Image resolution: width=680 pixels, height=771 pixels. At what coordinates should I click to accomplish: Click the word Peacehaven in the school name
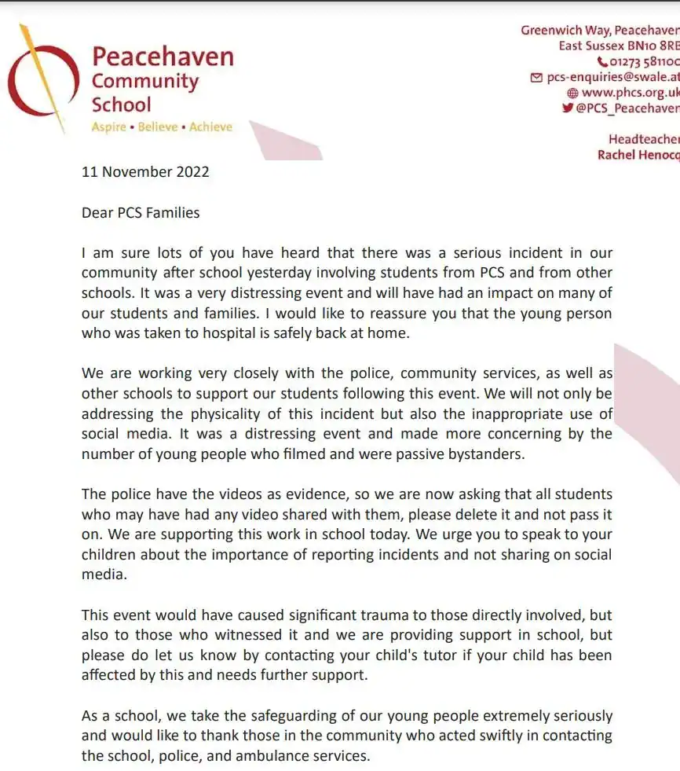pyautogui.click(x=163, y=57)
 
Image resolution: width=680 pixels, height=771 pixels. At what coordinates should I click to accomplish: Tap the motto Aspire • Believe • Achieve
pyautogui.click(x=162, y=127)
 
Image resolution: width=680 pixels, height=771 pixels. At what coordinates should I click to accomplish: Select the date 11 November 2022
pyautogui.click(x=145, y=171)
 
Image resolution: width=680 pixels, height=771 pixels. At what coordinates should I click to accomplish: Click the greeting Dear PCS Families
pyautogui.click(x=141, y=212)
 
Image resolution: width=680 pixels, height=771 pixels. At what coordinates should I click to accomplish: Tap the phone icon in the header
pyautogui.click(x=602, y=61)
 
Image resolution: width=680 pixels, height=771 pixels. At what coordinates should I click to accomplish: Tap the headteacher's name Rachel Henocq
pyautogui.click(x=638, y=155)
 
